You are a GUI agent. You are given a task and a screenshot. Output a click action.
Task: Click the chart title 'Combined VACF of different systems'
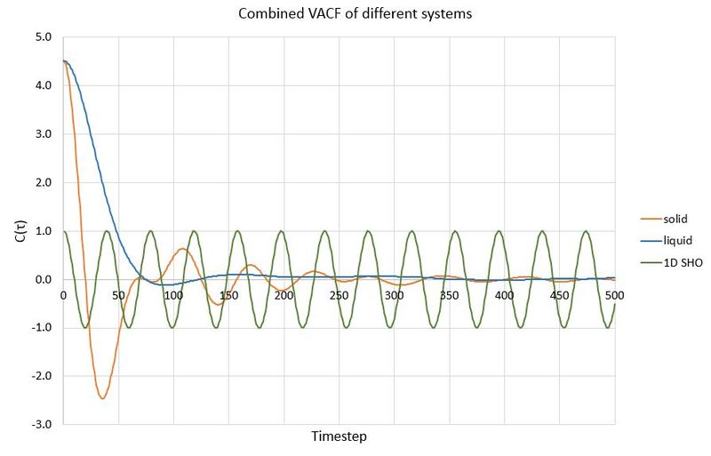click(x=355, y=14)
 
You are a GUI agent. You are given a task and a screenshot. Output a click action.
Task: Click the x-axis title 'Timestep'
click(x=339, y=436)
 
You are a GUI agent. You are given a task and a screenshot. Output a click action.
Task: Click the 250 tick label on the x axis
click(x=339, y=294)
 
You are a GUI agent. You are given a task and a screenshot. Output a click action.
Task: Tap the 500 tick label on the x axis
click(x=614, y=294)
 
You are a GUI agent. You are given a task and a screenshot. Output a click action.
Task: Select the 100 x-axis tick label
click(x=173, y=294)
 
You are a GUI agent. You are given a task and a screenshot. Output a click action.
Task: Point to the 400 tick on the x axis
click(x=504, y=294)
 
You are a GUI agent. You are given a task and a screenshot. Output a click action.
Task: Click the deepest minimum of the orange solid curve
click(x=102, y=398)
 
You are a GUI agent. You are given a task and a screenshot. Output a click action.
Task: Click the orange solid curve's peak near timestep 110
click(x=183, y=249)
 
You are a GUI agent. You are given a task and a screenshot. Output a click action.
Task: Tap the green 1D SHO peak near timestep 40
click(x=107, y=231)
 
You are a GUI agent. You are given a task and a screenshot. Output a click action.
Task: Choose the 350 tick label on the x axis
click(x=449, y=294)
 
